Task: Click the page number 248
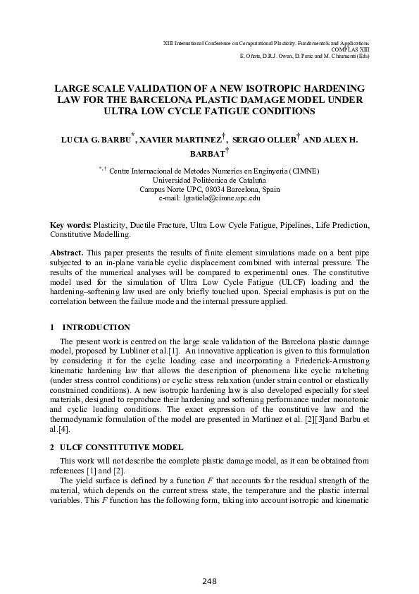[209, 581]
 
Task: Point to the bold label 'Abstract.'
[68, 252]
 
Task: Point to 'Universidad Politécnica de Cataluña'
[209, 180]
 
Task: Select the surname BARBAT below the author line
[206, 152]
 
